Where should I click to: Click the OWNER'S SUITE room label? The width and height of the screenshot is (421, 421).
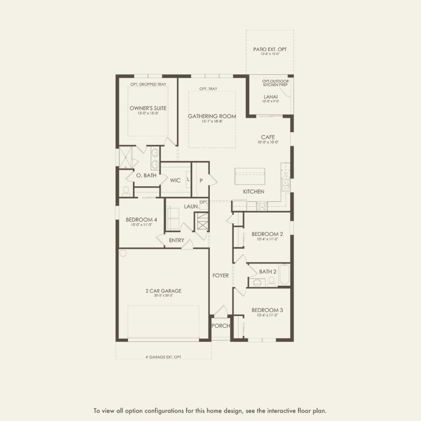[x=148, y=108]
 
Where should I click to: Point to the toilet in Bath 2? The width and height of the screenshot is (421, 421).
[x=271, y=281]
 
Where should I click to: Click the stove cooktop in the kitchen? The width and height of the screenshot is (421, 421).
[x=262, y=205]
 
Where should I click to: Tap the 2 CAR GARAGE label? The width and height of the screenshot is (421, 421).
[x=163, y=290]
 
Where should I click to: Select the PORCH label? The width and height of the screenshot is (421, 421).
[x=220, y=326]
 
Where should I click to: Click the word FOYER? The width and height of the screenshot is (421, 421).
[x=220, y=275]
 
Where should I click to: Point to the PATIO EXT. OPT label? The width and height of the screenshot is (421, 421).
[x=269, y=49]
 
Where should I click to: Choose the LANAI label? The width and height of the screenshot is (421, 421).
[x=270, y=96]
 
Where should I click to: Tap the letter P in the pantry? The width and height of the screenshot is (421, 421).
[x=201, y=180]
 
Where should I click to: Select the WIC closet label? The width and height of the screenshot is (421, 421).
[x=175, y=180]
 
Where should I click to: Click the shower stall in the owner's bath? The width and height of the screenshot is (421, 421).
[x=127, y=158]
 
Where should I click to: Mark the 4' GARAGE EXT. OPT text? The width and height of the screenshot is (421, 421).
[x=163, y=357]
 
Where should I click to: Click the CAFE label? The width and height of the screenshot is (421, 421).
[x=268, y=137]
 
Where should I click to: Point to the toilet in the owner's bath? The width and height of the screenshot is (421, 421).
[x=125, y=190]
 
